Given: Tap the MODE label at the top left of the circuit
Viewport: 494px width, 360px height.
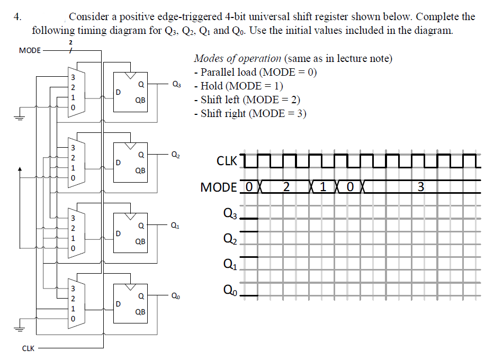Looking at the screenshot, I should (x=29, y=51).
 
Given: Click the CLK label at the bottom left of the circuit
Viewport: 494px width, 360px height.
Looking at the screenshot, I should (x=28, y=348).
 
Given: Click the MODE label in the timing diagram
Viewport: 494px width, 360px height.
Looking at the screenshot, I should (x=219, y=187).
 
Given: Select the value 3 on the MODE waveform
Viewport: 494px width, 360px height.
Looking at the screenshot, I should (x=420, y=187).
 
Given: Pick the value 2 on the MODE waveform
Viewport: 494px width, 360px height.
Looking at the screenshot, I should (x=286, y=187).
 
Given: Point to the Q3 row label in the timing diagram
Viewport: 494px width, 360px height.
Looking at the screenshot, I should (x=230, y=214).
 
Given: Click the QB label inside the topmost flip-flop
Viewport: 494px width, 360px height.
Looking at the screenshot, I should (x=140, y=100).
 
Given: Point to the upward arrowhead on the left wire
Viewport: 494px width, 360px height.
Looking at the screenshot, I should (x=20, y=170).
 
